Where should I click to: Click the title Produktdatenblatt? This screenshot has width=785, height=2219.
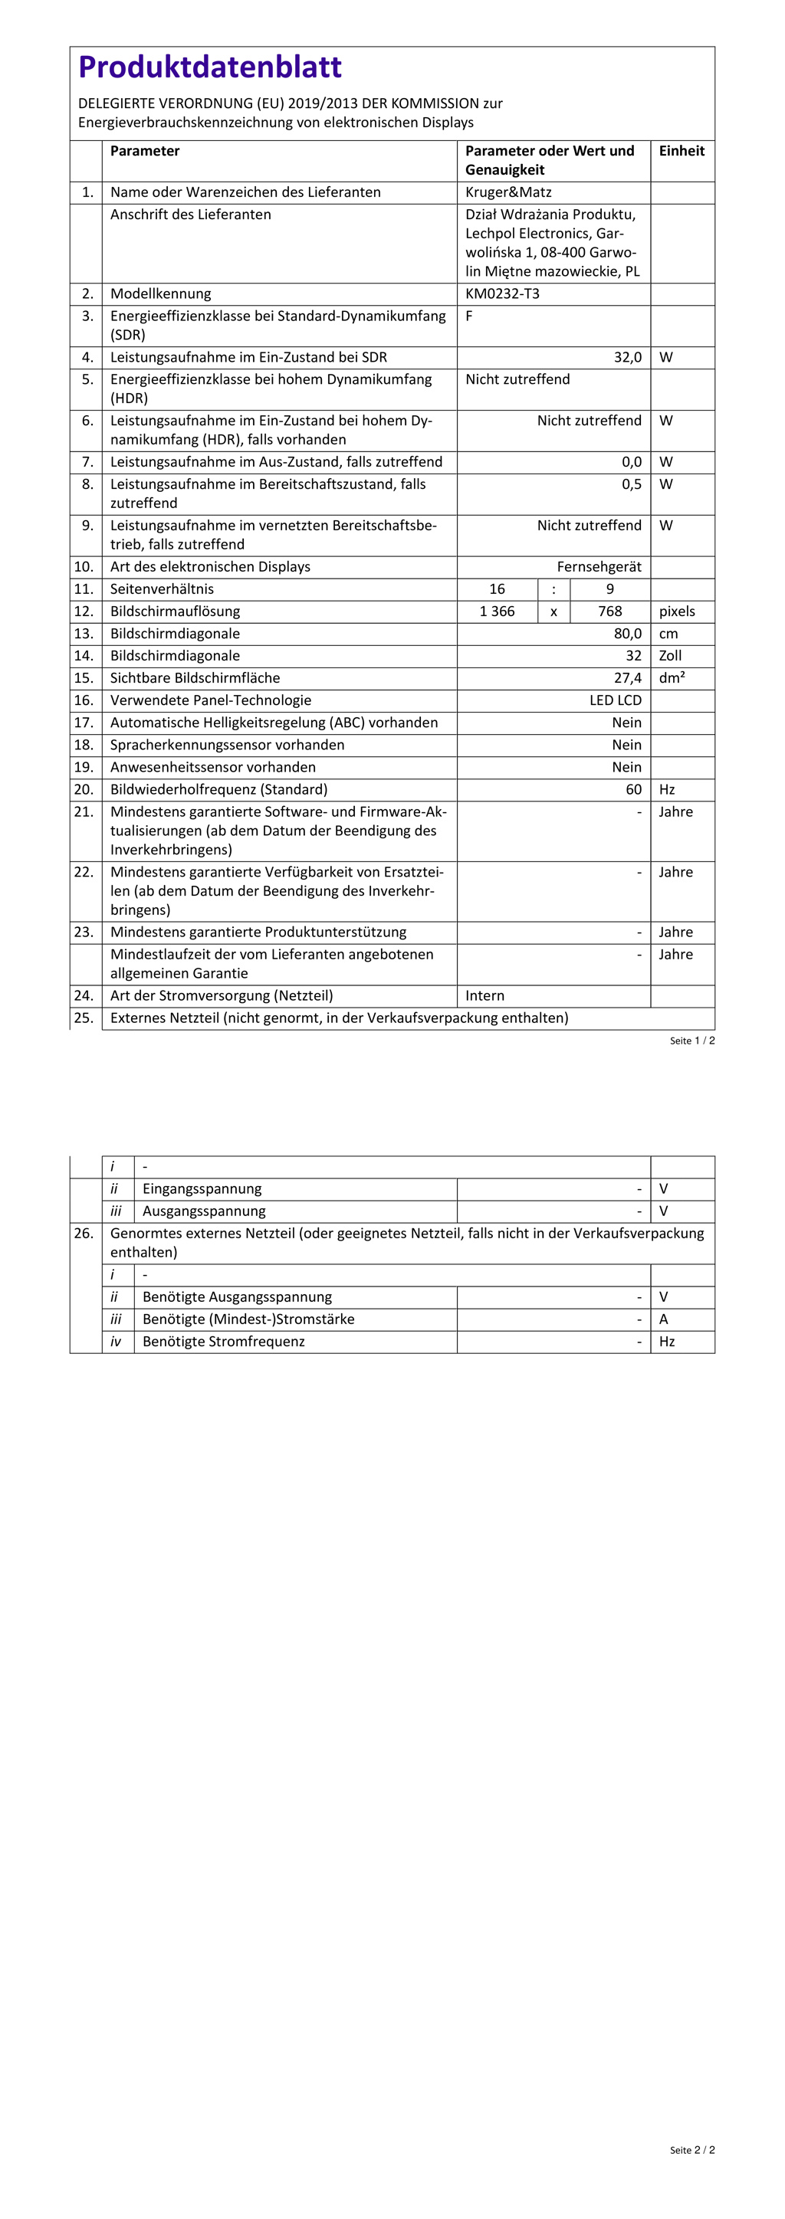tap(209, 67)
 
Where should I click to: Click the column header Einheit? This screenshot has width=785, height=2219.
tap(681, 151)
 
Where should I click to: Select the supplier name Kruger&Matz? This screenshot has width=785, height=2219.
tap(507, 192)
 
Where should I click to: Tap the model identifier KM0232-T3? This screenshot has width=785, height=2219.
tap(502, 293)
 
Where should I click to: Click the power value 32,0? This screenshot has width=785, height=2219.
tap(627, 358)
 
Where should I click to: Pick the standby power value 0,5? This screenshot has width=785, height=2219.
tap(632, 484)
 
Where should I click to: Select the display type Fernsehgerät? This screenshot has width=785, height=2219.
tap(599, 567)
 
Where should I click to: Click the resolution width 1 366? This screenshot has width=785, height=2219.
tap(498, 611)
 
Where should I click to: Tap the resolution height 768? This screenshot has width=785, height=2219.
tap(609, 611)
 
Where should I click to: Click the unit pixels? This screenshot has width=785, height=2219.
tap(676, 611)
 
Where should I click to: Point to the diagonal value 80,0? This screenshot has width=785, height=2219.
tap(627, 634)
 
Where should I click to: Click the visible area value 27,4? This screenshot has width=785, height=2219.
tap(627, 679)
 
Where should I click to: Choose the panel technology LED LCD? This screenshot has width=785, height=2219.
tap(616, 701)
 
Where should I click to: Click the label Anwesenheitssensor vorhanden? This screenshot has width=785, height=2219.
tap(213, 768)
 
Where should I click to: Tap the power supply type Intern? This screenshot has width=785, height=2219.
tap(485, 996)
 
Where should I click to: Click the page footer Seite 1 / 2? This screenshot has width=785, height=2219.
tap(692, 1041)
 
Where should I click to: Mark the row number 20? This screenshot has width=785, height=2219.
tap(84, 790)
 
